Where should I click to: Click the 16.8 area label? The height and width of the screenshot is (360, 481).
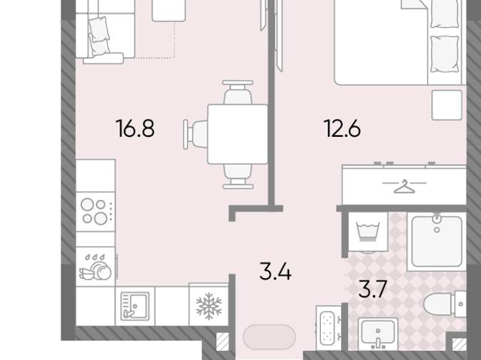point(135,129)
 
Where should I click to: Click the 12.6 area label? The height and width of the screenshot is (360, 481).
point(342,129)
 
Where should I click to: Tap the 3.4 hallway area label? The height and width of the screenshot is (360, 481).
point(275,271)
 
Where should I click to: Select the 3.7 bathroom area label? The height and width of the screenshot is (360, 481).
point(373,289)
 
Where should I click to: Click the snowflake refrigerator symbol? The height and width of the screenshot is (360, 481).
point(209,306)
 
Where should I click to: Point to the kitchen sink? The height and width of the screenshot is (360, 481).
point(135,306)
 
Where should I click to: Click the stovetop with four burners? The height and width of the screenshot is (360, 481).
point(95,211)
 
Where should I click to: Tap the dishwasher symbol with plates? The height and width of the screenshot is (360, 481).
point(95,267)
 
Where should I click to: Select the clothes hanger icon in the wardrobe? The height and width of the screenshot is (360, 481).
point(404,186)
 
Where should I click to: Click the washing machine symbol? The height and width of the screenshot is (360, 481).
point(368,231)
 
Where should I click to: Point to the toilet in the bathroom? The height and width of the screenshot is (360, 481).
point(445,304)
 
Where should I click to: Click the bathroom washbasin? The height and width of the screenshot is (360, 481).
point(378,334)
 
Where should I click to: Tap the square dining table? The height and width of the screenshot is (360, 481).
point(237,135)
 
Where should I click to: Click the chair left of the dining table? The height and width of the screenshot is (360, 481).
point(195,135)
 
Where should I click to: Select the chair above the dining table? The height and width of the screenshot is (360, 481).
point(237,92)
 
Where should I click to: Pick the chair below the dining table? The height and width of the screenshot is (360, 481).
point(237,177)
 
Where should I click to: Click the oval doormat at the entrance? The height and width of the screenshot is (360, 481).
point(269,337)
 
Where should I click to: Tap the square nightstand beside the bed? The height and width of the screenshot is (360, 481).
point(446,105)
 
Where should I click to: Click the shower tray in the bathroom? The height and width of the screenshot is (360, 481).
point(437,242)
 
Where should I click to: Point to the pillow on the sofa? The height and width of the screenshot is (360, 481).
point(99,29)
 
